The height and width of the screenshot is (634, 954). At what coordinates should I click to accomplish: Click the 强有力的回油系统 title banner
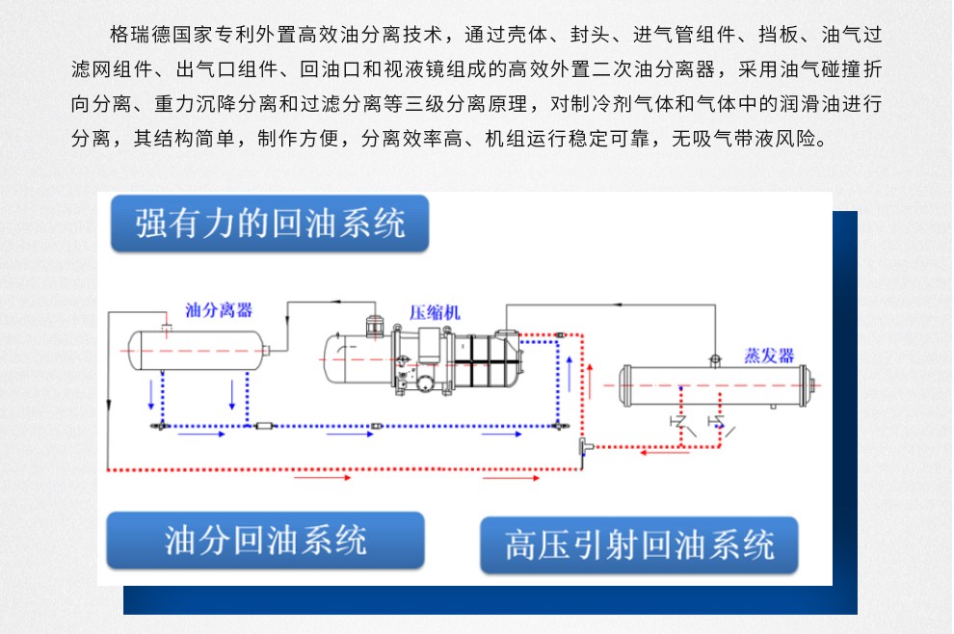click(270, 225)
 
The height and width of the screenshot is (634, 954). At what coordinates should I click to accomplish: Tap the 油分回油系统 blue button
click(266, 540)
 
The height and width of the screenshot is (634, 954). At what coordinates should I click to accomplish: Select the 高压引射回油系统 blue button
click(640, 545)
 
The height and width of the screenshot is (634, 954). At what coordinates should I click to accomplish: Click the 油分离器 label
click(219, 310)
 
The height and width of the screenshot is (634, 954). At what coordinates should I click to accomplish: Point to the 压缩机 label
click(436, 312)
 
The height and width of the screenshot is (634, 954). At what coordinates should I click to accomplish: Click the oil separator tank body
click(198, 350)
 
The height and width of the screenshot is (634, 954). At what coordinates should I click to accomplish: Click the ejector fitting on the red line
click(583, 445)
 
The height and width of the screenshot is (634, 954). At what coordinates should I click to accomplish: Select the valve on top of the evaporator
click(714, 358)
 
